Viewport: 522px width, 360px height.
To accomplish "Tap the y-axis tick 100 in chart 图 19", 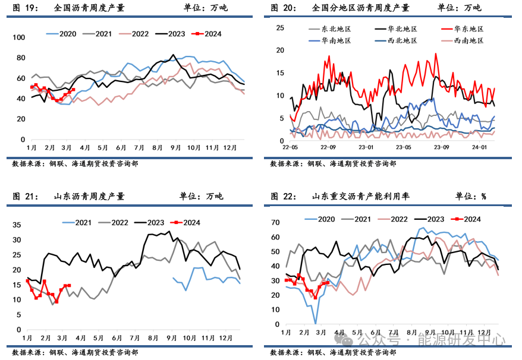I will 19,37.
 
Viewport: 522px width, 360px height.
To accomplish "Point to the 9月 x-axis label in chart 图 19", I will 175,147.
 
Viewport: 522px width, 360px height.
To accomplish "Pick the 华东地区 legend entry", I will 468,29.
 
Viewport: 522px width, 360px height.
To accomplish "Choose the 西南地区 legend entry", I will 468,40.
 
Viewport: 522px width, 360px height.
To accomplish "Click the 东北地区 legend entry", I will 336,29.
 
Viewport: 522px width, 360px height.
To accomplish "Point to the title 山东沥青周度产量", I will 89,196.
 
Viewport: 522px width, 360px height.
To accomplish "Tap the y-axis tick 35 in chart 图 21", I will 17,225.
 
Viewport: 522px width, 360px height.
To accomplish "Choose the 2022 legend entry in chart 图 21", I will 120,223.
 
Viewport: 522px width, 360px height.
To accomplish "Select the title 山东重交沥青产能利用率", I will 360,196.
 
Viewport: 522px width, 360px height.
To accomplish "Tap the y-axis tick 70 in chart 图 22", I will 275,222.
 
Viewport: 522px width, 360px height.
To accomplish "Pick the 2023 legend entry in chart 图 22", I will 436,219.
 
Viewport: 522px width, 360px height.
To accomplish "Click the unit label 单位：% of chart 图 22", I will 471,196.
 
